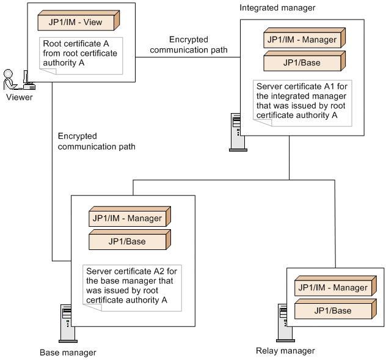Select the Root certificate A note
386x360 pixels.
pos(81,56)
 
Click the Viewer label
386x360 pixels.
pos(20,97)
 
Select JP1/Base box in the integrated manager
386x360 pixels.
pos(301,62)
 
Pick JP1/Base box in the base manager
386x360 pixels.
pos(127,241)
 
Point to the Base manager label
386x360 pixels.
pos(68,353)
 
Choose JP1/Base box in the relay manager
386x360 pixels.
pos(333,310)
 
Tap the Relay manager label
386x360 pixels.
pos(285,351)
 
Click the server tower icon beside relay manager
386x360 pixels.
pos(282,321)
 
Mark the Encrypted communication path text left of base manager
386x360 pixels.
pos(96,141)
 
